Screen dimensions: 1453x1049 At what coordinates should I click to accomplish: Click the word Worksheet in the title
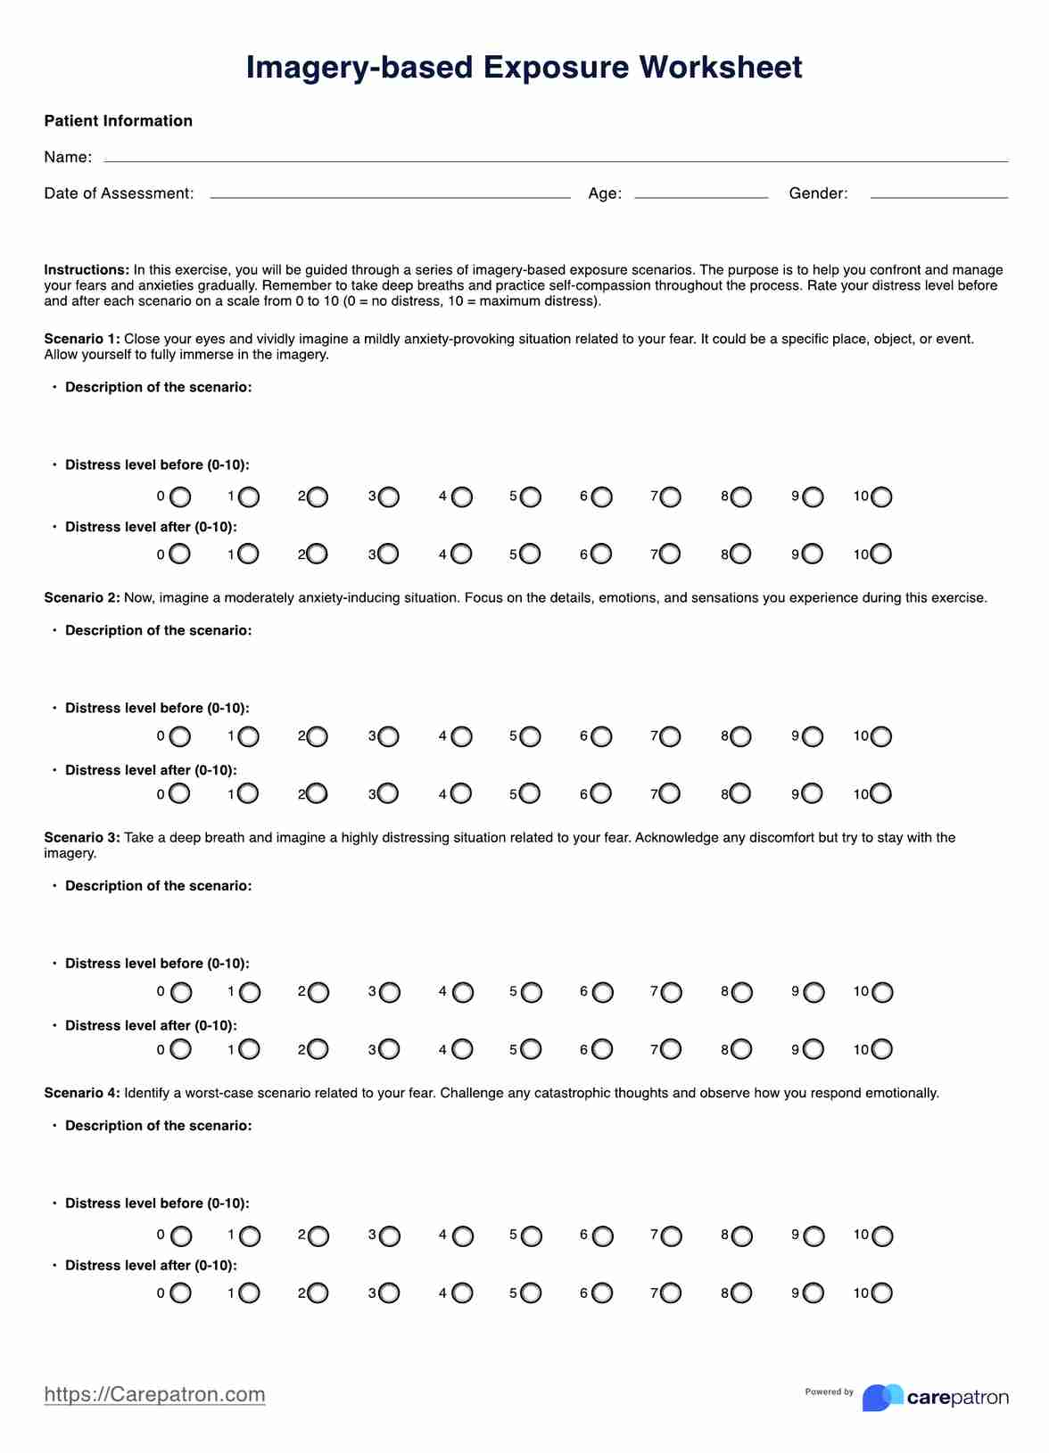click(721, 68)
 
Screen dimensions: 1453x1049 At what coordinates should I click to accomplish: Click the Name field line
click(555, 160)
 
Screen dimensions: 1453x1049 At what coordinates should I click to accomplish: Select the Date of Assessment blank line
click(390, 196)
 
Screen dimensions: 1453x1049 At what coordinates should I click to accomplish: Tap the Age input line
click(701, 196)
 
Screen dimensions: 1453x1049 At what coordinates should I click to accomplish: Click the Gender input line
click(938, 196)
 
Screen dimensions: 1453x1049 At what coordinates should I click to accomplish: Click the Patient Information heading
click(119, 121)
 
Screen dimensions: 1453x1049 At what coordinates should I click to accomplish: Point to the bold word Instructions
click(87, 270)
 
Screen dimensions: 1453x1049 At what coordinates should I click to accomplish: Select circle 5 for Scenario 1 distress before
click(531, 497)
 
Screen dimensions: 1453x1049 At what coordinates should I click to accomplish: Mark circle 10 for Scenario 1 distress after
click(881, 554)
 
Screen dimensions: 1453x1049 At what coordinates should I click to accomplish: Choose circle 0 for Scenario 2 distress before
click(180, 737)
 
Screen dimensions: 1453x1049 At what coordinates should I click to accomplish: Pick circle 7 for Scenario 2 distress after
click(670, 793)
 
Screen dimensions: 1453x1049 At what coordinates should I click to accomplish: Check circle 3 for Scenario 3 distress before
click(390, 992)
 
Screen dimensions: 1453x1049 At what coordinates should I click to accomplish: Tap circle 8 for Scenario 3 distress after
click(741, 1049)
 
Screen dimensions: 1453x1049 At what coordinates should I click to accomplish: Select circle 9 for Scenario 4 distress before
click(814, 1236)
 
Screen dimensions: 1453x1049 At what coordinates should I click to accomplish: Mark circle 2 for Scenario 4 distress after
click(318, 1293)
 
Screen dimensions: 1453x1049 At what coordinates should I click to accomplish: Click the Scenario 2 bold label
click(81, 598)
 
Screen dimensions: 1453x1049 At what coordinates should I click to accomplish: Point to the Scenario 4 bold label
click(81, 1093)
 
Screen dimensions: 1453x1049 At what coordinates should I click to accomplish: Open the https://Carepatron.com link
click(154, 1394)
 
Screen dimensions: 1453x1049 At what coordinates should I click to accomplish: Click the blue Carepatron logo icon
click(881, 1397)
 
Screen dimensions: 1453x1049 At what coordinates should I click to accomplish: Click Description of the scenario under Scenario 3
click(158, 886)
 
